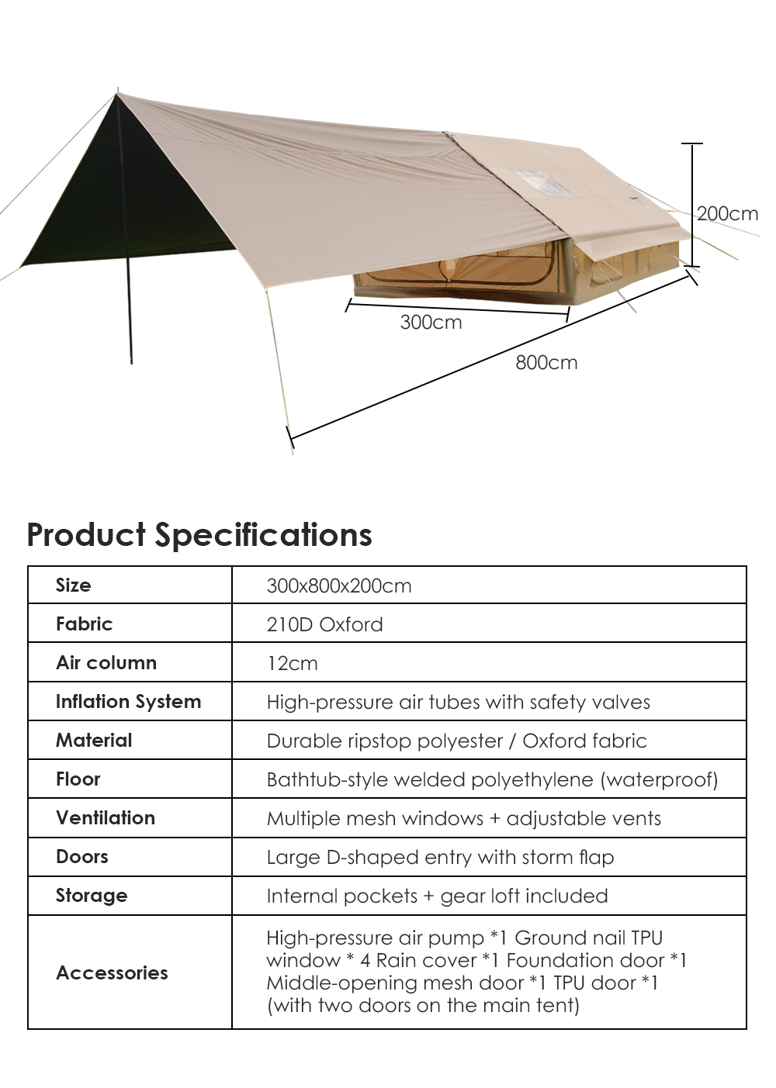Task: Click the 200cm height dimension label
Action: click(x=727, y=214)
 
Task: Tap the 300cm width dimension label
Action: click(x=431, y=323)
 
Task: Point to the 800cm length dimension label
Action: click(x=546, y=363)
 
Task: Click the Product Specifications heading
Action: click(x=199, y=535)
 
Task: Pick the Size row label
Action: click(x=74, y=585)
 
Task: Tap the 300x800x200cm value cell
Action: click(x=338, y=585)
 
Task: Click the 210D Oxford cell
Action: click(x=324, y=624)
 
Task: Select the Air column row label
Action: click(x=106, y=663)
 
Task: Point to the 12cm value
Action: click(x=292, y=664)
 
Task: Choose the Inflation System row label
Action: click(x=128, y=702)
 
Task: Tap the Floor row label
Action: click(x=78, y=779)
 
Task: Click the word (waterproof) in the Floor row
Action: click(x=660, y=780)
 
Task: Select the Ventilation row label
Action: click(x=106, y=818)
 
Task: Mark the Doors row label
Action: click(x=82, y=857)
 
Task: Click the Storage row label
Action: click(x=92, y=896)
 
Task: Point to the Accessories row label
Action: click(x=113, y=973)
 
